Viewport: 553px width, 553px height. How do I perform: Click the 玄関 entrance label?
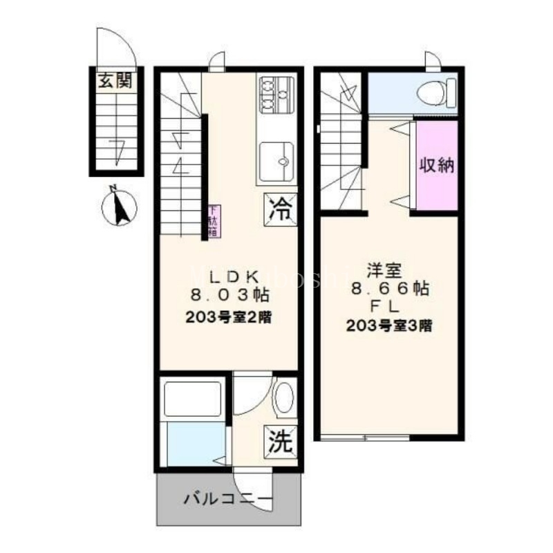[x=115, y=81]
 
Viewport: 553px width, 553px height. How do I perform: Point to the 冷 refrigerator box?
[x=282, y=207]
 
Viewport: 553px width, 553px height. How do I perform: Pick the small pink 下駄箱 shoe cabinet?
[x=213, y=221]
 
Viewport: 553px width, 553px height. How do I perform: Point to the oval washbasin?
[x=283, y=397]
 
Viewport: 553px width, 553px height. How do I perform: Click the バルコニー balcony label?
[x=228, y=498]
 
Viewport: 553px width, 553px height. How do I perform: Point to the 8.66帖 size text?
[x=390, y=289]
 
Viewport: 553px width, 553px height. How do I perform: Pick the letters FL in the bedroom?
[x=390, y=308]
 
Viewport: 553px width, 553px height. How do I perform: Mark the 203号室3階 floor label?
[x=390, y=326]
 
